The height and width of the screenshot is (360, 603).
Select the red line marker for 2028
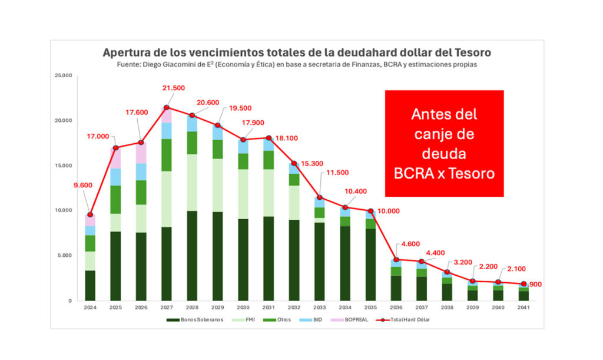[x=192, y=115]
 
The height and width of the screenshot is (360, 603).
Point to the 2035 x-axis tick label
[x=370, y=307]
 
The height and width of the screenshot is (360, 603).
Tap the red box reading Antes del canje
[x=445, y=143]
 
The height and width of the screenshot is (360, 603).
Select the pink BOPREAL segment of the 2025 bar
[x=115, y=158]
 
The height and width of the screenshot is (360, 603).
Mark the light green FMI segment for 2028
[x=192, y=182]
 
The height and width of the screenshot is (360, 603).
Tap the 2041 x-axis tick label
[x=524, y=307]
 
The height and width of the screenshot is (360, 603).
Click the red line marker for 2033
[x=319, y=197]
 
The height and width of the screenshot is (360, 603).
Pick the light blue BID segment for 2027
[x=167, y=130]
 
